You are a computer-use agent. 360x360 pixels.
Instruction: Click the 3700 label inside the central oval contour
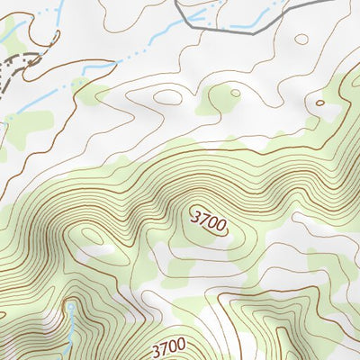coord(208,221)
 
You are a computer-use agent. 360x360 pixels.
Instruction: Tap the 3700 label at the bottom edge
coord(168,346)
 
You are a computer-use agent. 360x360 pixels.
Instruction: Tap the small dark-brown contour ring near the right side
coord(319,103)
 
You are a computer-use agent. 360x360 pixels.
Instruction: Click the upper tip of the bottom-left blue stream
coord(69,307)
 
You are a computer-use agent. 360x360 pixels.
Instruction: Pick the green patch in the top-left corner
coord(9,31)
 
